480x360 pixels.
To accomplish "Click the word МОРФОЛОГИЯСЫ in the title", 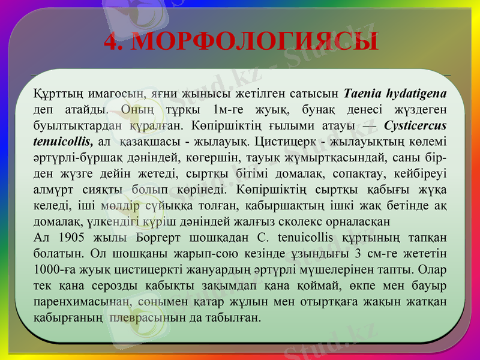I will point(254,42).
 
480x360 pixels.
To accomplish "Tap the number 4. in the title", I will point(113,42).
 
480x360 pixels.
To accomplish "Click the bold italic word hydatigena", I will point(416,94).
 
